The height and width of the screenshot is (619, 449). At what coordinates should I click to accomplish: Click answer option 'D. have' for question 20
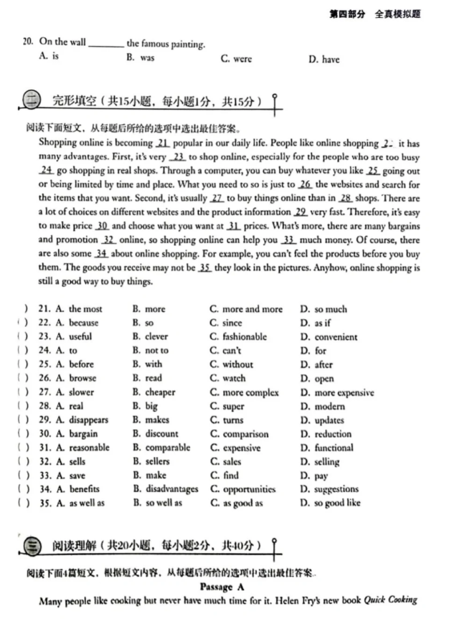323,60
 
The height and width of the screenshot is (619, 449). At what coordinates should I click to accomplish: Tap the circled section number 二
32,101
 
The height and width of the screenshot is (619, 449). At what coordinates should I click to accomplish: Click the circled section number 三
32,547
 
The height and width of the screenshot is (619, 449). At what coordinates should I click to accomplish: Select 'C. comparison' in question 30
240,434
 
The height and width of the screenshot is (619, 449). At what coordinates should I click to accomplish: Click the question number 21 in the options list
44,309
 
